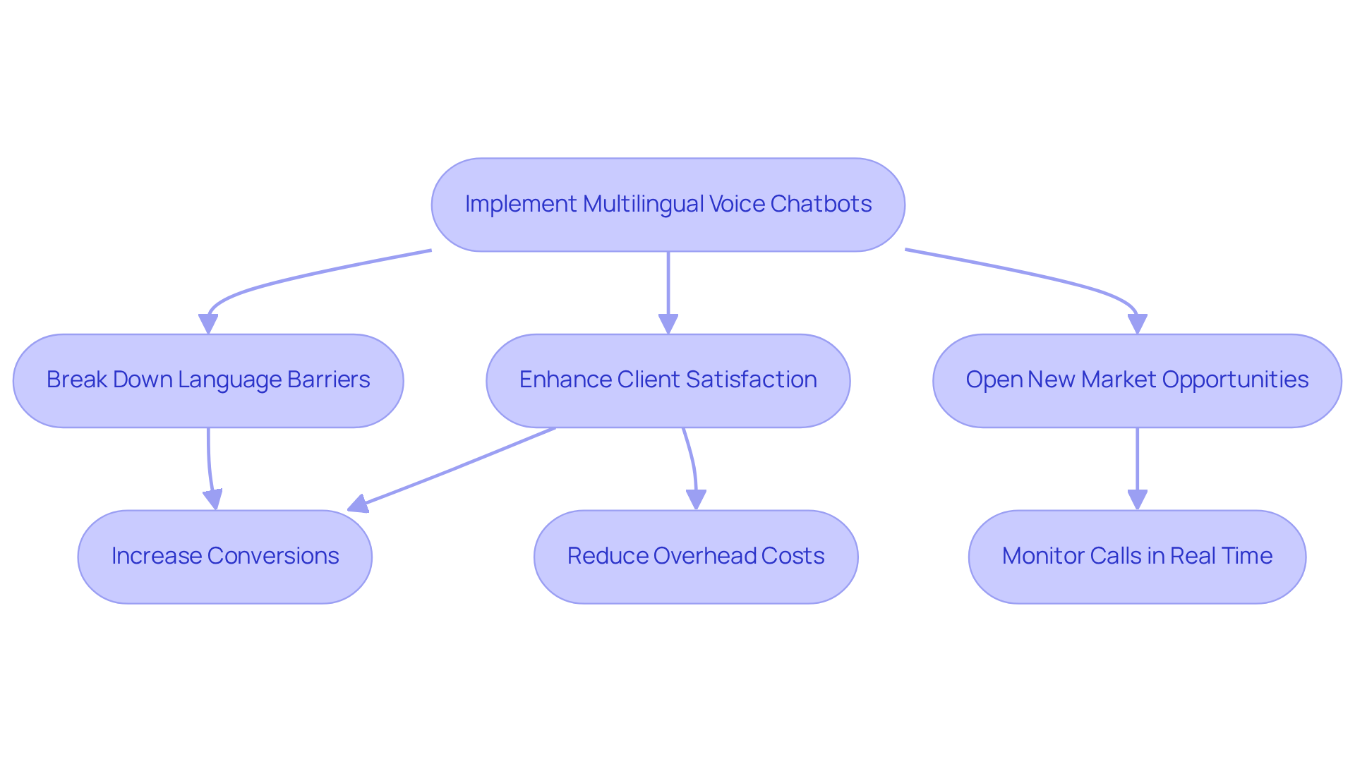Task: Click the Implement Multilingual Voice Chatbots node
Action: [x=668, y=205]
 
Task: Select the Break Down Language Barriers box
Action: [x=208, y=381]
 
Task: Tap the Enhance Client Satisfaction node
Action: [x=668, y=381]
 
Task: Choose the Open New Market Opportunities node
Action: [x=1137, y=381]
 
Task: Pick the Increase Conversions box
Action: [x=224, y=557]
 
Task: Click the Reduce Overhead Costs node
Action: [x=696, y=557]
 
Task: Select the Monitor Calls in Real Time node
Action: [x=1137, y=557]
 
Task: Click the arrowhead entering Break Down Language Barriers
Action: [x=208, y=324]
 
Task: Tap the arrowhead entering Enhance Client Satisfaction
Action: [x=668, y=324]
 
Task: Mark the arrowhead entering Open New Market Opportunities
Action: [x=1137, y=324]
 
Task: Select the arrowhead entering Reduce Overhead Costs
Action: [x=696, y=499]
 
